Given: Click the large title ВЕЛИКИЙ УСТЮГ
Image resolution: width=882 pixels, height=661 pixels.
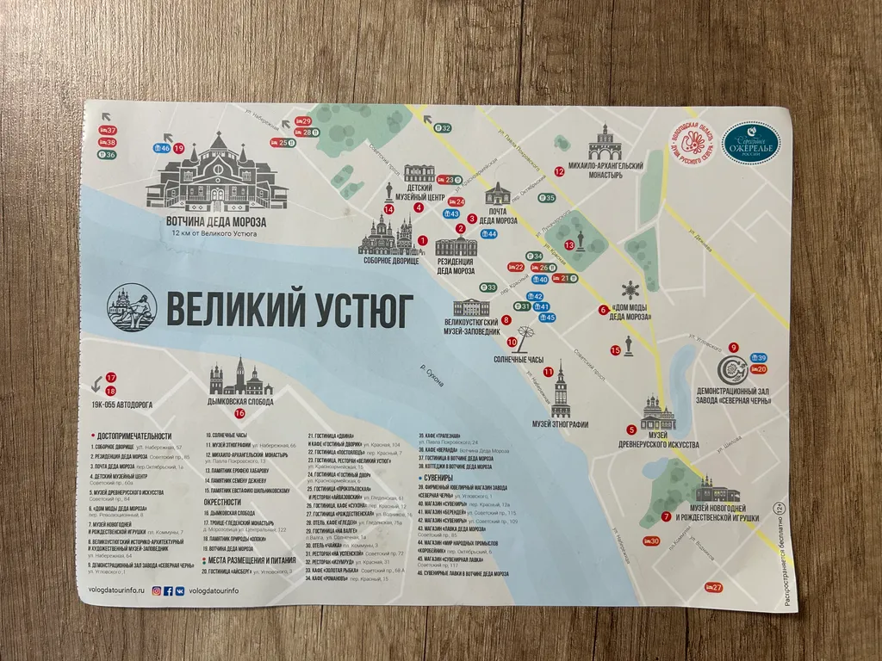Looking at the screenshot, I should click(289, 309).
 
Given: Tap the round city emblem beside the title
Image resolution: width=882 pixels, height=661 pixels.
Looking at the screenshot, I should click(131, 309).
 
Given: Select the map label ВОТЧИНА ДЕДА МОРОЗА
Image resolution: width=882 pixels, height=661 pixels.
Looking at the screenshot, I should click(216, 221).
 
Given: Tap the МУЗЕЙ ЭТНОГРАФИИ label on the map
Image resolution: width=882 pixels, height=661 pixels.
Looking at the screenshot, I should click(560, 424).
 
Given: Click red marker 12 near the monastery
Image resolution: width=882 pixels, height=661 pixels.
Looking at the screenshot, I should click(559, 171).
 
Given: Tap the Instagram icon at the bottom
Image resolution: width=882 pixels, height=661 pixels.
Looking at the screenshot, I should click(157, 591).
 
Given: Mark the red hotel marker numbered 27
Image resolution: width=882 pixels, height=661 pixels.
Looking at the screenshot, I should click(712, 587).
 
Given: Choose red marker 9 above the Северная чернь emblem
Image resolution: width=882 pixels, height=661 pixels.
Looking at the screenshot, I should click(734, 347).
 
